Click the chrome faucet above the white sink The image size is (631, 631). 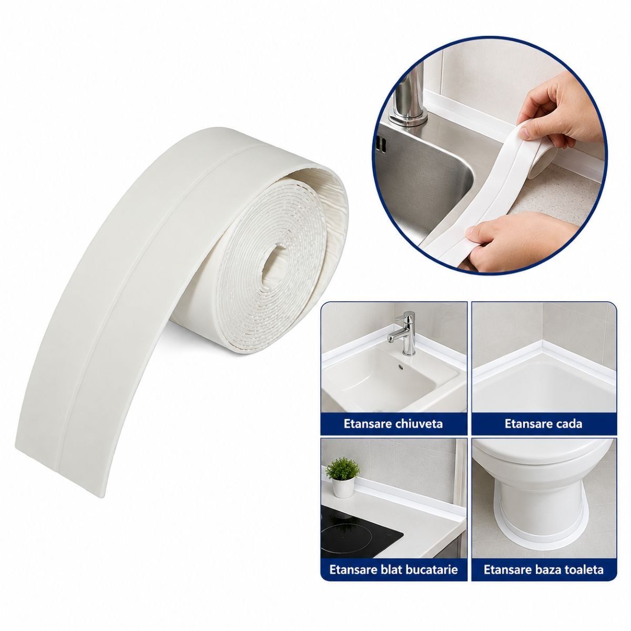404,333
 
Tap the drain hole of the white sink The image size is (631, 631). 400,367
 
